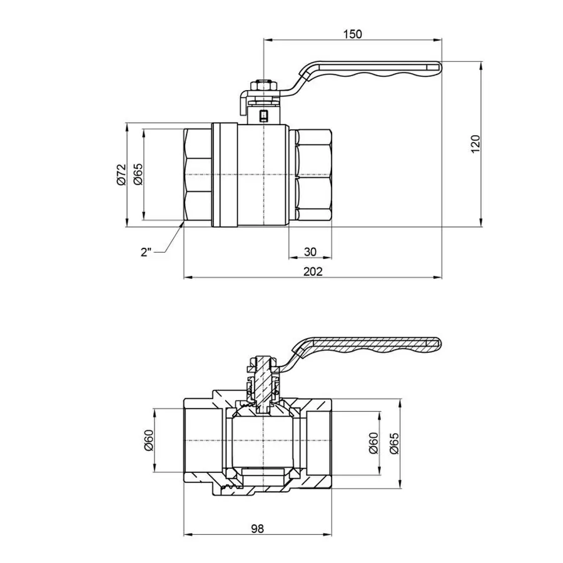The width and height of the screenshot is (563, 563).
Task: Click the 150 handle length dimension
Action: point(352,34)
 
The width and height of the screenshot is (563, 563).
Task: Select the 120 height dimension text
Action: point(475,143)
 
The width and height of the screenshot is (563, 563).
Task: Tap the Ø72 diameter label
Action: point(121,175)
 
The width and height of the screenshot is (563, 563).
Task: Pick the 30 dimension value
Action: point(310,251)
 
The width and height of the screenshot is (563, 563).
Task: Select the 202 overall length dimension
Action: point(312,271)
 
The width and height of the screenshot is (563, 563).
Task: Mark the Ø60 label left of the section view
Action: point(148,442)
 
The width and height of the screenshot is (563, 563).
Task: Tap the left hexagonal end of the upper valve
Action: point(198,175)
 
